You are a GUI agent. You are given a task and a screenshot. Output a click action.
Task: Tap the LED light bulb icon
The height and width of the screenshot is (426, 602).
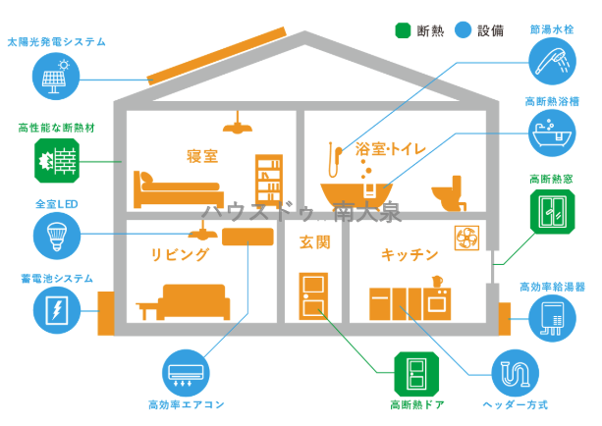pos(55,234)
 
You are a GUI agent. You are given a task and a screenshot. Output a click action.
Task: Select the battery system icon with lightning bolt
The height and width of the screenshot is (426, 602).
pos(55,311)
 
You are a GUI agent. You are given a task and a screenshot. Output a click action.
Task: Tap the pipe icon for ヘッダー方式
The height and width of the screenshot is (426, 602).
pos(515,372)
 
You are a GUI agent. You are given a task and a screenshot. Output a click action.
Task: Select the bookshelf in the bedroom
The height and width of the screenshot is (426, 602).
pos(269,180)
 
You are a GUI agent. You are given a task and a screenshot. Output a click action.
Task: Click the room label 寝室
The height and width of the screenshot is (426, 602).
pos(203,157)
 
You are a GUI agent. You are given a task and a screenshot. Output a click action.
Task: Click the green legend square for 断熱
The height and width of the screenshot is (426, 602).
pos(402,29)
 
